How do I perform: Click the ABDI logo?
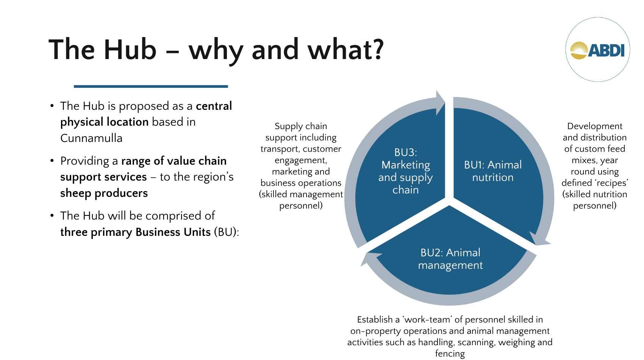597,50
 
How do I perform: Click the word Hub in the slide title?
130,50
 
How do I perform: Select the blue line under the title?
151,86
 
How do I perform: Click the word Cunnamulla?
91,138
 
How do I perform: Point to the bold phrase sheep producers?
104,193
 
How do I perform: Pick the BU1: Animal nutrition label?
492,171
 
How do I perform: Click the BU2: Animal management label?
450,259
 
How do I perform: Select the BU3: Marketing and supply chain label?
405,171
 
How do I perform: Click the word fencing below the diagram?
450,354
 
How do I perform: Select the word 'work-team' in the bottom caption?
427,319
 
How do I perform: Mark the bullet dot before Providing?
52,161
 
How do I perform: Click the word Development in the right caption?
594,126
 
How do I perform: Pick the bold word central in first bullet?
214,106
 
